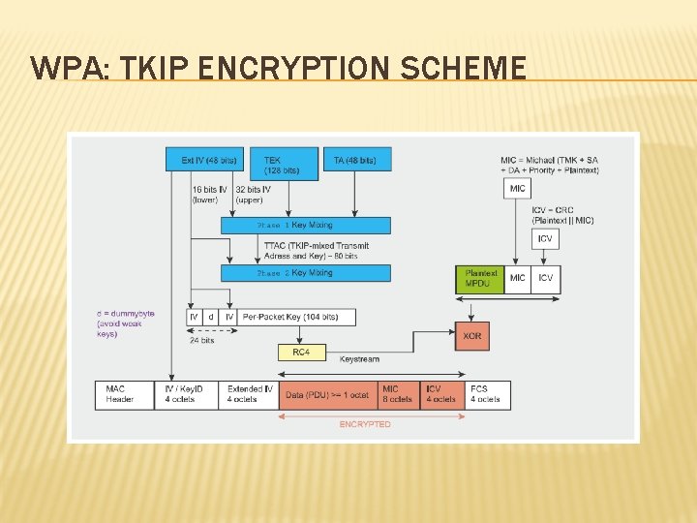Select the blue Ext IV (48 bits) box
tap(208, 160)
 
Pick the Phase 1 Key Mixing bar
tap(306, 225)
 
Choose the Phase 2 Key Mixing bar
tap(306, 273)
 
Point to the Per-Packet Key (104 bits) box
tap(296, 317)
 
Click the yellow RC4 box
tap(301, 353)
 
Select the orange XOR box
tap(471, 336)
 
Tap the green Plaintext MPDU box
tap(480, 278)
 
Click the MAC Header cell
tap(124, 394)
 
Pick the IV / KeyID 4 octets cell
tap(186, 394)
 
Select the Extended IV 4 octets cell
tap(249, 394)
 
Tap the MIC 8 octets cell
tap(398, 394)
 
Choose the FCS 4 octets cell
tap(487, 394)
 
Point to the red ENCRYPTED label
tap(365, 424)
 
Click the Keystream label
tap(359, 359)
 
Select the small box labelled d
tap(211, 317)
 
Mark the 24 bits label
tap(201, 340)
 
